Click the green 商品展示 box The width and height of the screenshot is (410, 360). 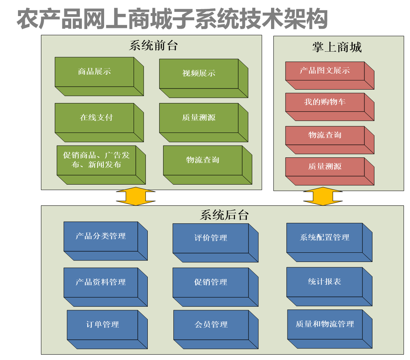click(95, 72)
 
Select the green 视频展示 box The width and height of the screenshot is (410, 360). click(199, 74)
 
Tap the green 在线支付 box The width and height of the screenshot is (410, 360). click(95, 118)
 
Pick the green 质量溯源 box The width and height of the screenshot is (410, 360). click(199, 118)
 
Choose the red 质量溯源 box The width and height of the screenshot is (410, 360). click(325, 167)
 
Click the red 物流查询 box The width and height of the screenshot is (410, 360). click(325, 136)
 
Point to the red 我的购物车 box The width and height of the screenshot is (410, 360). click(325, 102)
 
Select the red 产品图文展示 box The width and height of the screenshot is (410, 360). click(325, 71)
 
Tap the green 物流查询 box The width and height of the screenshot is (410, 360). click(203, 160)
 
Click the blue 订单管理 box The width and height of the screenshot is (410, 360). click(102, 325)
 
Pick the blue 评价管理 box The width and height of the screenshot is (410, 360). click(211, 238)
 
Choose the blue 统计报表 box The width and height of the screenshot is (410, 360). click(324, 282)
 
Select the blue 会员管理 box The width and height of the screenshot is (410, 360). click(211, 325)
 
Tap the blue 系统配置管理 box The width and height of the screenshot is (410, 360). click(324, 238)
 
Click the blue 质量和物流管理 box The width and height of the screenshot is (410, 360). click(325, 324)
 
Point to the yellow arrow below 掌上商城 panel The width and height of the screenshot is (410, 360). click(323, 196)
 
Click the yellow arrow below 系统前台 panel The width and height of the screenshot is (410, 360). click(136, 196)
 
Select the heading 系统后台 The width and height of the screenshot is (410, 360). click(224, 215)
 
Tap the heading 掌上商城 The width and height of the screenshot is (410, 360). click(336, 47)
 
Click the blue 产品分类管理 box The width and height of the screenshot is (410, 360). click(101, 236)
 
